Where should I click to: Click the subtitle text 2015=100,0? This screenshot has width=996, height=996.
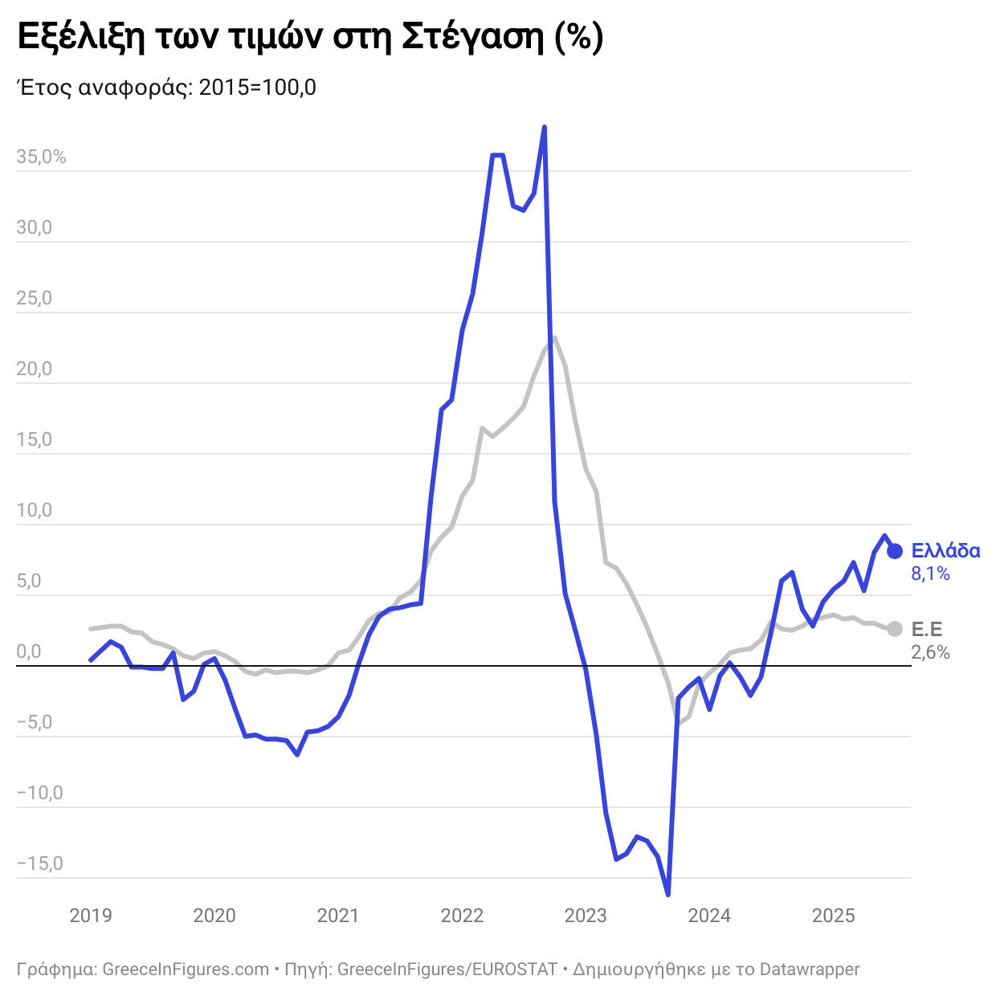coord(257,88)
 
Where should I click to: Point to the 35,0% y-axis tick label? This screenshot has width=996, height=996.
coord(41,157)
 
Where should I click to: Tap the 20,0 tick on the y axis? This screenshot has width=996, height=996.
coord(35,369)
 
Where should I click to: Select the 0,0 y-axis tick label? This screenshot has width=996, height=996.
coord(29,652)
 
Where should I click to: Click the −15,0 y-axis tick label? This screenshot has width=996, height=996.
coord(39,864)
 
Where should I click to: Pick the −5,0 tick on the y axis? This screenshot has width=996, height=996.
coord(35,723)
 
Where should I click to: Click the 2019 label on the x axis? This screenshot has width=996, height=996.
coord(91,916)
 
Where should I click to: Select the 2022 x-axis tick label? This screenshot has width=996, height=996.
coord(463,916)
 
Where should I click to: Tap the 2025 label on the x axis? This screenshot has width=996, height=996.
coord(834,916)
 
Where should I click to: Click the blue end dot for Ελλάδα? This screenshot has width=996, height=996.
coord(895,551)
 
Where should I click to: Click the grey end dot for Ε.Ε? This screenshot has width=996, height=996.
coord(895,629)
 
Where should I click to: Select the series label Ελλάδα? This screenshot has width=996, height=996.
coord(945,551)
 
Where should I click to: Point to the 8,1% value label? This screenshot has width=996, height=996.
coord(930,574)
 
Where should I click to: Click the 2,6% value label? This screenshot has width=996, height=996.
coord(930,652)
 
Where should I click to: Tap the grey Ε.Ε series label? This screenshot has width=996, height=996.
coord(927,629)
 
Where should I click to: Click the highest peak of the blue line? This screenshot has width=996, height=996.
coord(545,127)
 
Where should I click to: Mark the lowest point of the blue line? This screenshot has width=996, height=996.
coord(668,894)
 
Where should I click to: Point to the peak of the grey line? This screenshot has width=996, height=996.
coord(554,337)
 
